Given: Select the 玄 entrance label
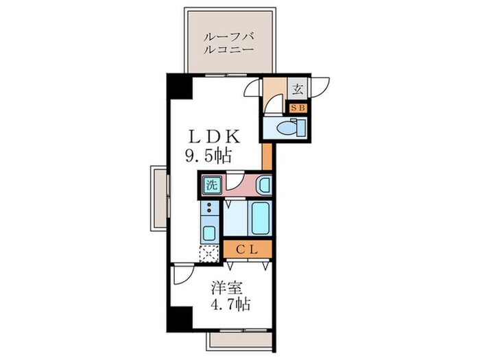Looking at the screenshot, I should point(298,88).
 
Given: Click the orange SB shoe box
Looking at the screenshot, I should point(298,107).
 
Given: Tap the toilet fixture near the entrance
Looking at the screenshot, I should point(287,128).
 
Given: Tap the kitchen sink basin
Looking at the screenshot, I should point(209,232).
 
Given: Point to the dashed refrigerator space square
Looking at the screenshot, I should point(208,254).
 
